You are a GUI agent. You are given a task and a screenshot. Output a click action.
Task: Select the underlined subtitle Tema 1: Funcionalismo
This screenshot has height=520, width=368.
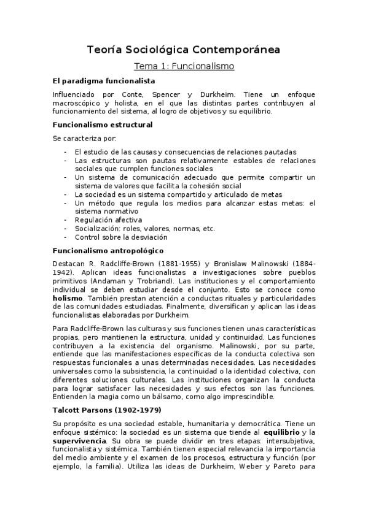tap(184, 66)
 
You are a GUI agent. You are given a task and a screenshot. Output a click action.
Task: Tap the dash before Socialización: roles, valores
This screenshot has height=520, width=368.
tap(65, 228)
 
